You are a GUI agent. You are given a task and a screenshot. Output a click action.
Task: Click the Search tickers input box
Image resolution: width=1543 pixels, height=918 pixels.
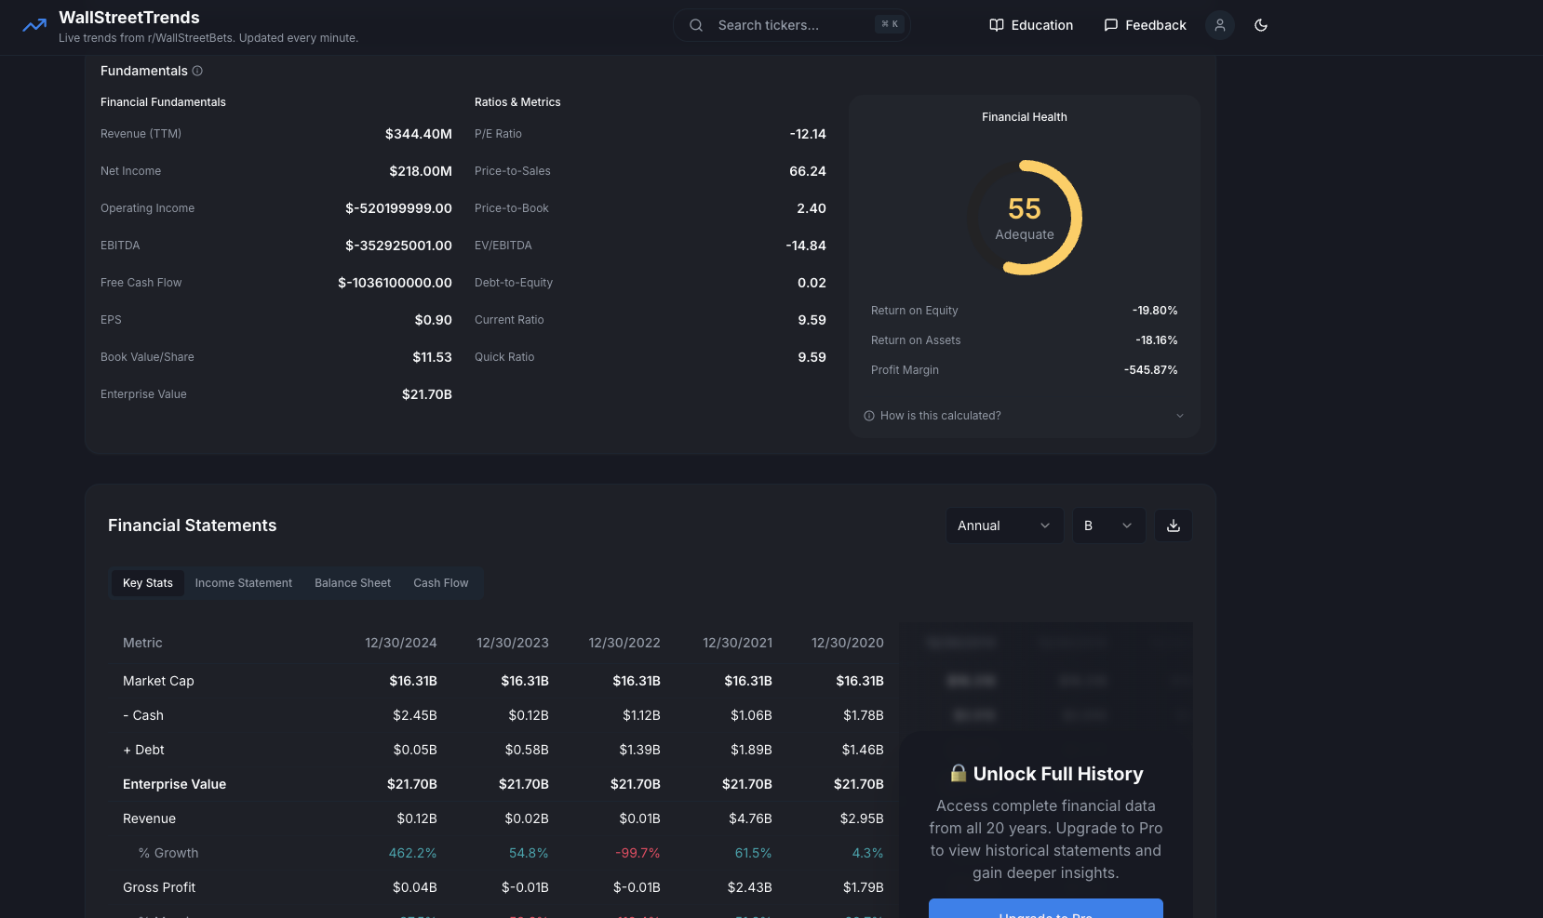791,25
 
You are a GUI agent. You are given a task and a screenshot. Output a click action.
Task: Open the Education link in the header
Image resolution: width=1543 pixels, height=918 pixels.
1031,25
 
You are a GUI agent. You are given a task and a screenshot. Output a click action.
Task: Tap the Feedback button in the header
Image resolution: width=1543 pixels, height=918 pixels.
1145,25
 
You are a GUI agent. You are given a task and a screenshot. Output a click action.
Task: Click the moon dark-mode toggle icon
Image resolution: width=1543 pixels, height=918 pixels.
1261,25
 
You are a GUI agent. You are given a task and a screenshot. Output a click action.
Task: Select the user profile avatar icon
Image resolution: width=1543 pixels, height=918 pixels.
1220,25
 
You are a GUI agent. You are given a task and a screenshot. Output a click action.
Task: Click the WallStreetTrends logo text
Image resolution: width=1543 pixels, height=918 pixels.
129,18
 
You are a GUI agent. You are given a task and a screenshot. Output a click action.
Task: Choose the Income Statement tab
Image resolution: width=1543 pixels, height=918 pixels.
244,583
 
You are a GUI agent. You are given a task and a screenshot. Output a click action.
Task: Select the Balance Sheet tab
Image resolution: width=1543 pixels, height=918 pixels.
353,583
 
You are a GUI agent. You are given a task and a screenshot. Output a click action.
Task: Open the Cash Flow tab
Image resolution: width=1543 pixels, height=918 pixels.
441,583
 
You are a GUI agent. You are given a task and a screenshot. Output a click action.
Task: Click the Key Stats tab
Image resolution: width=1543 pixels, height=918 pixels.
148,583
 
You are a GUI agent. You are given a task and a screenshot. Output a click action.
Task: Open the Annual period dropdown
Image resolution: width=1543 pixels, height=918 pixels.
1004,526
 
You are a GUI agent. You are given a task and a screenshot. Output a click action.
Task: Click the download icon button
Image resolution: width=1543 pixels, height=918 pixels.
1174,526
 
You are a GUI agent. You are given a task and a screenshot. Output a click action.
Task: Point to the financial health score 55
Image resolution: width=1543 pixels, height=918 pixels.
1025,209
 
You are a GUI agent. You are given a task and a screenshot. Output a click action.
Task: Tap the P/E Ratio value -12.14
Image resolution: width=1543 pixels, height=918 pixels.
808,134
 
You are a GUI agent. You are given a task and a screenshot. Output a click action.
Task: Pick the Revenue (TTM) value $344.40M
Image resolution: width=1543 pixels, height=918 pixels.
419,134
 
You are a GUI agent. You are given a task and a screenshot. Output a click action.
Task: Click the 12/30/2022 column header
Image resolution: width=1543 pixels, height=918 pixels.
624,643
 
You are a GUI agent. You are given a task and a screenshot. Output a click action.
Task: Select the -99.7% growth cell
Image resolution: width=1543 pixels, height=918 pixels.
637,853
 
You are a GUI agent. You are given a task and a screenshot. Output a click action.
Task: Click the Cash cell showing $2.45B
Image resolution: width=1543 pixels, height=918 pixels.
415,715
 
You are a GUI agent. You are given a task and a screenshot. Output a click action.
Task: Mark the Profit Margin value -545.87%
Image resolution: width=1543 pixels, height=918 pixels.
1151,370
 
